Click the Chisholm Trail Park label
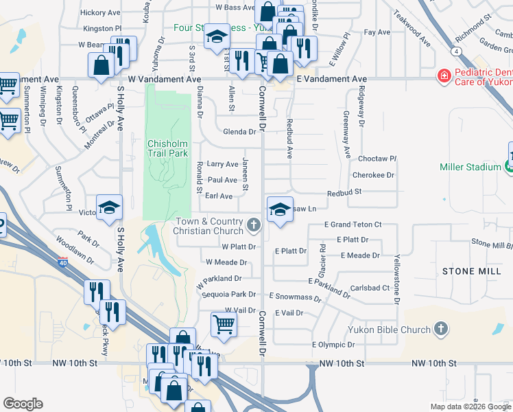[x=167, y=149]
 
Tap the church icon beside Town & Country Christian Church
[x=254, y=225]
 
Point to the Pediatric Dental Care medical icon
[x=444, y=75]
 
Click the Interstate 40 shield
[x=63, y=262]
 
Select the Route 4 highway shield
[x=455, y=51]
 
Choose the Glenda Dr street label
[x=239, y=132]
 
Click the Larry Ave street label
[x=222, y=164]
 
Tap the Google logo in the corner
[x=23, y=403]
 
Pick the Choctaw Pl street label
[x=377, y=159]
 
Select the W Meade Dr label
[x=226, y=262]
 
